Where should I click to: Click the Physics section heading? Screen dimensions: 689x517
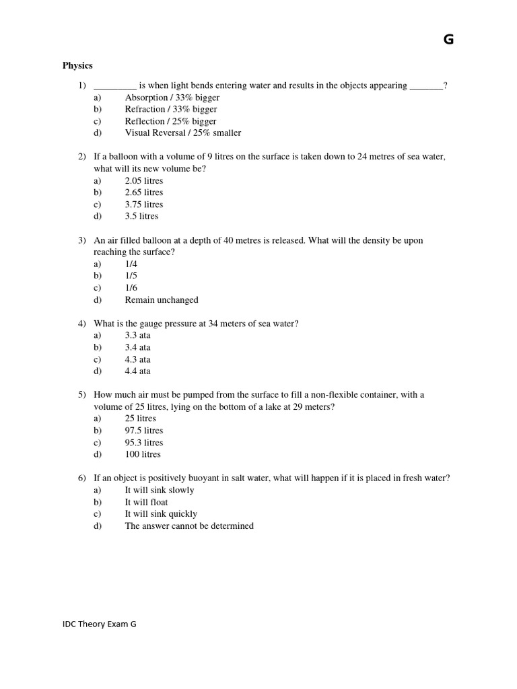[77, 66]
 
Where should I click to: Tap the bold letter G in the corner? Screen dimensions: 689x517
[449, 40]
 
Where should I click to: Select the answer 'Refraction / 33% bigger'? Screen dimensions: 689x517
[170, 109]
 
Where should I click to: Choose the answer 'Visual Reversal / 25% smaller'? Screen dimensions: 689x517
[182, 133]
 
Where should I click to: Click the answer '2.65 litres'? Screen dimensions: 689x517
[144, 192]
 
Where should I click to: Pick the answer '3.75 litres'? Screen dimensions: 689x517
[144, 205]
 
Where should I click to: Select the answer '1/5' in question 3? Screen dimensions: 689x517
[131, 276]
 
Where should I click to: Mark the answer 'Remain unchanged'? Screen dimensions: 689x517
[162, 300]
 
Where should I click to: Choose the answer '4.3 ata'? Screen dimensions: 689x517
[137, 359]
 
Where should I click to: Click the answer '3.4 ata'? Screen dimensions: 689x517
[137, 347]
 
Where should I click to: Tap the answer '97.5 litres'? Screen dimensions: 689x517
[144, 431]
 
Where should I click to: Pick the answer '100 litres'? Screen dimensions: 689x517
[143, 454]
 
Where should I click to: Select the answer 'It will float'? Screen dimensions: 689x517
[146, 502]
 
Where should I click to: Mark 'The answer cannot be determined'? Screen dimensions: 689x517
[189, 526]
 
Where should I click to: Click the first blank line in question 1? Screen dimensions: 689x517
[115, 87]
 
